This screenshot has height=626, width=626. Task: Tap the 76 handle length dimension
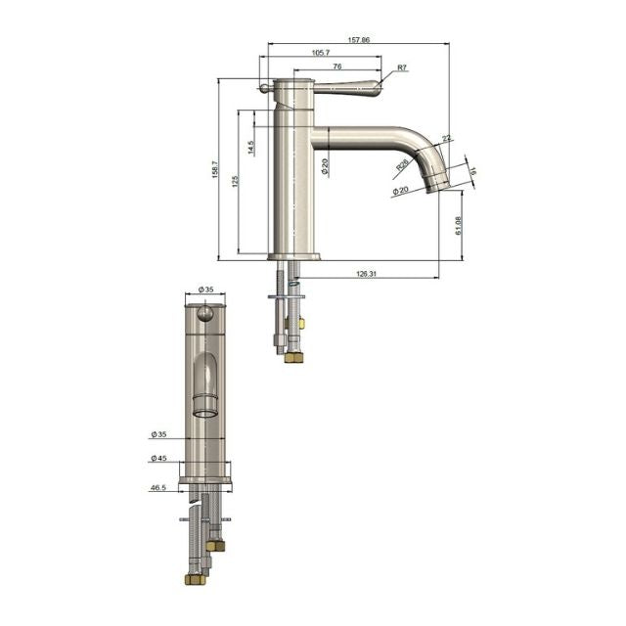[336, 67]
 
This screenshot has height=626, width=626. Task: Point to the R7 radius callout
[402, 69]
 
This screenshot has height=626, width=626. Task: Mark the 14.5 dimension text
[251, 149]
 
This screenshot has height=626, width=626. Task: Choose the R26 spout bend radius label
[403, 166]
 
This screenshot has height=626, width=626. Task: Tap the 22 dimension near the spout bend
[446, 140]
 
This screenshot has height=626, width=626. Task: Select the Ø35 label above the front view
[205, 290]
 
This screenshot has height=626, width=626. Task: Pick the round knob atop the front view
[205, 313]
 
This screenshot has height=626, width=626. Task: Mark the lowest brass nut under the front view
[195, 579]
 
